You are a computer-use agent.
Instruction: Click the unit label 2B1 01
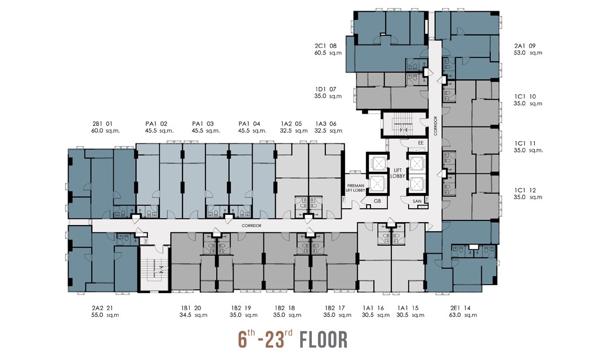coord(102,124)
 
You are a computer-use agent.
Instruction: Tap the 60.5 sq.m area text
coord(328,53)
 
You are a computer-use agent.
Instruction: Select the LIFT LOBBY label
coord(398,173)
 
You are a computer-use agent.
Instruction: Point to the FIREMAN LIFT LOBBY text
coord(356,188)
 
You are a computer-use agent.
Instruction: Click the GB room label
coord(377,201)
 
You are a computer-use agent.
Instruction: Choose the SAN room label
coord(417,201)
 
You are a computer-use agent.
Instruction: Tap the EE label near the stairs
coord(421,143)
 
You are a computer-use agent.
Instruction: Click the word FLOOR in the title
coord(323,339)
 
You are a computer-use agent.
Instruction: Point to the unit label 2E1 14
coord(461,308)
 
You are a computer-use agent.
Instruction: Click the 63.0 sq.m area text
coord(463,315)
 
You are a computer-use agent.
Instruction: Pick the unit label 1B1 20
coord(191,308)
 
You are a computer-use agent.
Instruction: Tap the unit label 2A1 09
coord(525,46)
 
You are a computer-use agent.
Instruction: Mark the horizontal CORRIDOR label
coord(252,226)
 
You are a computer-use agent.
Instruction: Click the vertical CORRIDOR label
coord(435,125)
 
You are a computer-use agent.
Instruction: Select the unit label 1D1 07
coord(326,89)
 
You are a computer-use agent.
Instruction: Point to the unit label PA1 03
coord(203,124)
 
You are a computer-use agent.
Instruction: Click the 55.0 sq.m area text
coord(105,315)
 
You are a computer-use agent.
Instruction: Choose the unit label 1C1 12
coord(525,190)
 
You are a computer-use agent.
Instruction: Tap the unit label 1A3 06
coord(326,124)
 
